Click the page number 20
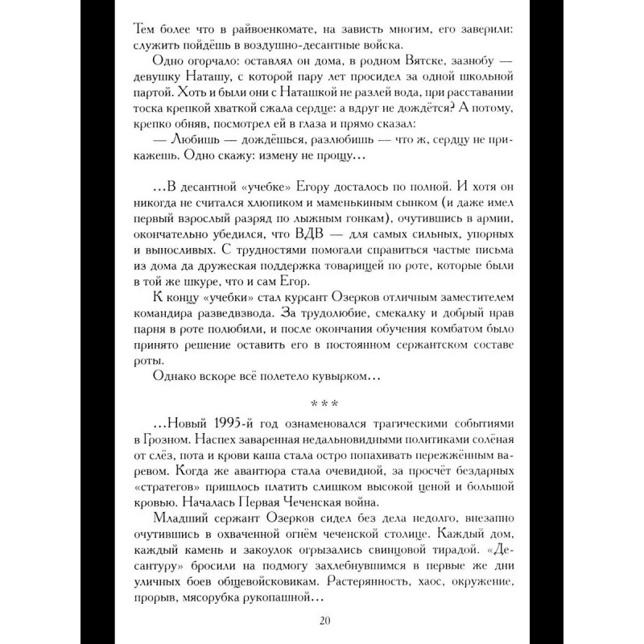click(322, 620)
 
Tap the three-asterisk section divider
click(322, 402)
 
